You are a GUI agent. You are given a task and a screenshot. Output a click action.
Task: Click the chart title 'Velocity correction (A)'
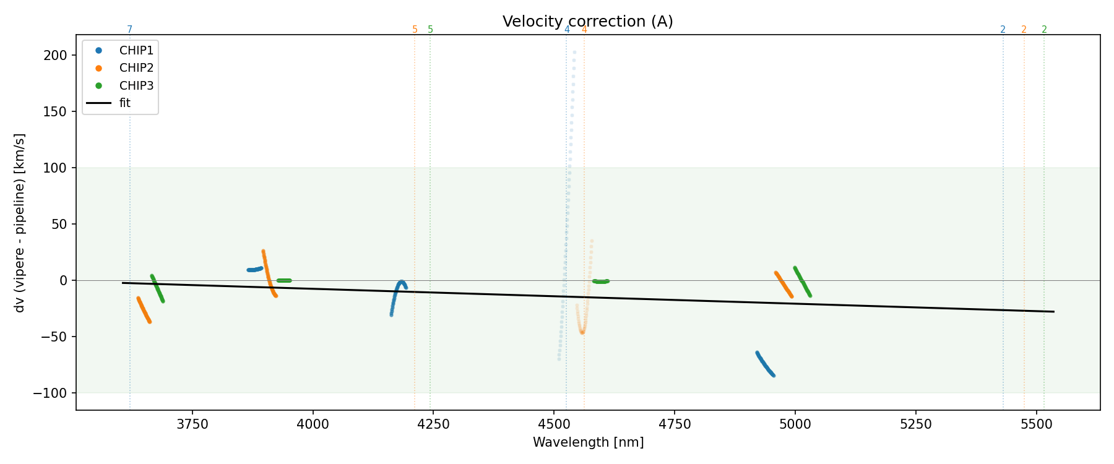click(x=587, y=22)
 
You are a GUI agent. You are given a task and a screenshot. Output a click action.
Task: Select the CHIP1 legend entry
click(x=136, y=51)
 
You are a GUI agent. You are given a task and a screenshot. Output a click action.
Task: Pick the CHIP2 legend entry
click(x=136, y=68)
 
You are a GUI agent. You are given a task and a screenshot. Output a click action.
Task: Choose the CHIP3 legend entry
click(x=136, y=85)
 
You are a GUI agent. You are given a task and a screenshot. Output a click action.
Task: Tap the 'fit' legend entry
click(x=125, y=103)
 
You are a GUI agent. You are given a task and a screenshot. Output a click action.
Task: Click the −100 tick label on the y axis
click(x=54, y=393)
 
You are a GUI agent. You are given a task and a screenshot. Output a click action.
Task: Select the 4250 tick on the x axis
click(x=434, y=424)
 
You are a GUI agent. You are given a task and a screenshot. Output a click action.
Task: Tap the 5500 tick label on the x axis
click(x=1036, y=424)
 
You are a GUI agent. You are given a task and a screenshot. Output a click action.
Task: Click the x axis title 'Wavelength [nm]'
click(x=588, y=442)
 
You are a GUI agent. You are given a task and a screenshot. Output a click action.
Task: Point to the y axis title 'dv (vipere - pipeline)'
click(x=20, y=223)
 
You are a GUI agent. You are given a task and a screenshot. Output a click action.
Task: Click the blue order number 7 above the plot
click(x=129, y=30)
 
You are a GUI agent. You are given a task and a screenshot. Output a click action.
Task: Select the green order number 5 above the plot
click(x=430, y=30)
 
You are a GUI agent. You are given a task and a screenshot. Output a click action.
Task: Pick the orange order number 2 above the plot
click(x=1024, y=30)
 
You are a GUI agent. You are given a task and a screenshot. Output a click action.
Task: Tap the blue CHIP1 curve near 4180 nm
click(x=397, y=288)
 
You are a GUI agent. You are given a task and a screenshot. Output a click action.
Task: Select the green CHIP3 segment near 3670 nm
click(x=157, y=288)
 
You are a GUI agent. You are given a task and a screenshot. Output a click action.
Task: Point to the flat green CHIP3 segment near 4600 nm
click(x=600, y=281)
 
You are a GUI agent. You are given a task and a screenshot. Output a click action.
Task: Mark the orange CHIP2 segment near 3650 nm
click(x=144, y=310)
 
